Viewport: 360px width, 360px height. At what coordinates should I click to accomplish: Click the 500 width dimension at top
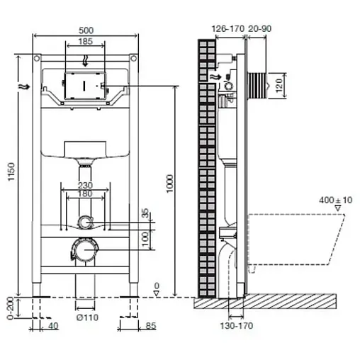[x=84, y=32]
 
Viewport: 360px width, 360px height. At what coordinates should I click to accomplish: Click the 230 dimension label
[x=84, y=187]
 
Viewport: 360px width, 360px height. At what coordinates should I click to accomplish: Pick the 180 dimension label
[x=84, y=195]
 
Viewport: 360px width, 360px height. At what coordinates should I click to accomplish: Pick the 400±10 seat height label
[x=329, y=201]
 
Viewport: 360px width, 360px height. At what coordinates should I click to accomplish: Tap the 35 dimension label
[x=147, y=213]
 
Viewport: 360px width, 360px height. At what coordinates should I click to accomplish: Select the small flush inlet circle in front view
[x=85, y=223]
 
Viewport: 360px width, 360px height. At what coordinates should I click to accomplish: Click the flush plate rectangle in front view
[x=84, y=84]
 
